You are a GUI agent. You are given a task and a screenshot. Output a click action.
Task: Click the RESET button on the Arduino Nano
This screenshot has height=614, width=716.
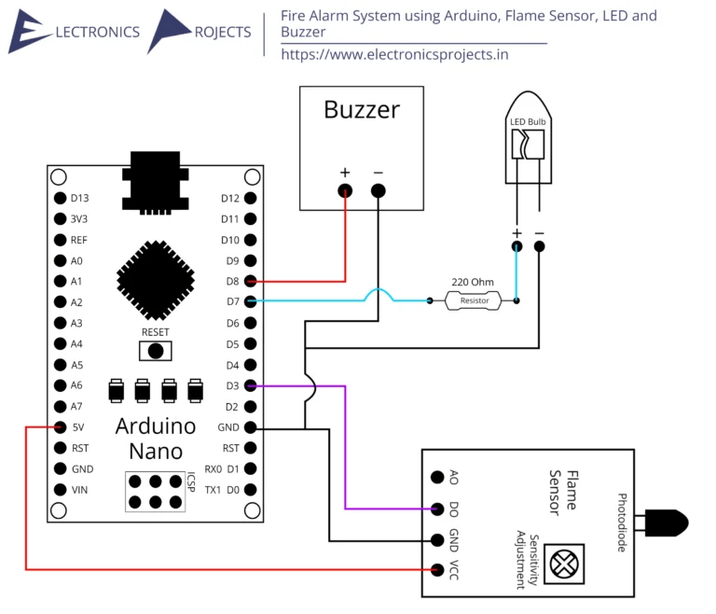(156, 351)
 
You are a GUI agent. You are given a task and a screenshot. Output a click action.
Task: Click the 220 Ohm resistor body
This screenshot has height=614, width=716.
(474, 300)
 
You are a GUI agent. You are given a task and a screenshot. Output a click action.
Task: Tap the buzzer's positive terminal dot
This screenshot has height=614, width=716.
(346, 191)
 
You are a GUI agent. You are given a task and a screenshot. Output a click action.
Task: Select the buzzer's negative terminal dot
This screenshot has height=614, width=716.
(378, 191)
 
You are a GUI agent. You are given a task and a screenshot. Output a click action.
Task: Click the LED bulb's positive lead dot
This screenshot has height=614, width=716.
(516, 246)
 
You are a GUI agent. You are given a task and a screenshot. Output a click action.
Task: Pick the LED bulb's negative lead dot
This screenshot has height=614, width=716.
(539, 246)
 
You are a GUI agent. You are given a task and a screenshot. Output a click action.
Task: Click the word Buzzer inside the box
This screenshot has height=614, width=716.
(362, 110)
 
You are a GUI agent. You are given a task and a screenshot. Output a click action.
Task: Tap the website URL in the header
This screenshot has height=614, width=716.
(396, 54)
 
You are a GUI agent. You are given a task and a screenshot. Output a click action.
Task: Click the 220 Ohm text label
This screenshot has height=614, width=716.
(473, 281)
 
